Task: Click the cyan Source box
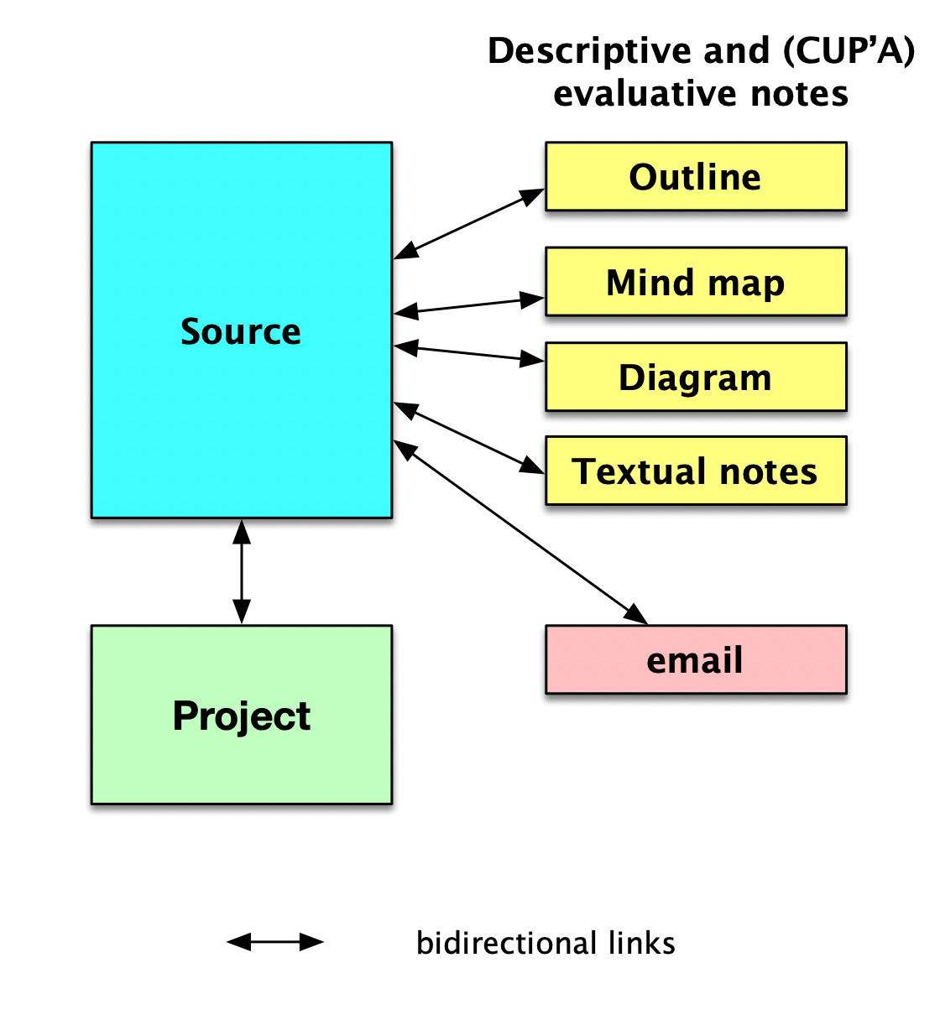pos(242,331)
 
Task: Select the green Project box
pos(242,715)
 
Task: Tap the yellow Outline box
pos(696,176)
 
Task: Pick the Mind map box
pos(696,282)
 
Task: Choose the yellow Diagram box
pos(696,377)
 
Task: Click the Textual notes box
pos(696,471)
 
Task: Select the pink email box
pos(696,659)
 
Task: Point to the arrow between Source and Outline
pos(469,224)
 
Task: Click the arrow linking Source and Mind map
pos(469,305)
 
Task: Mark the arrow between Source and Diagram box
pos(469,354)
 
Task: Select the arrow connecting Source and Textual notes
pos(469,438)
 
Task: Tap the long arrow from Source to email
pos(520,532)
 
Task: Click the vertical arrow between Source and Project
pos(242,572)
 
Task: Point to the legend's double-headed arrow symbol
pos(275,942)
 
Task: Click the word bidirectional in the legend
pos(507,943)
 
